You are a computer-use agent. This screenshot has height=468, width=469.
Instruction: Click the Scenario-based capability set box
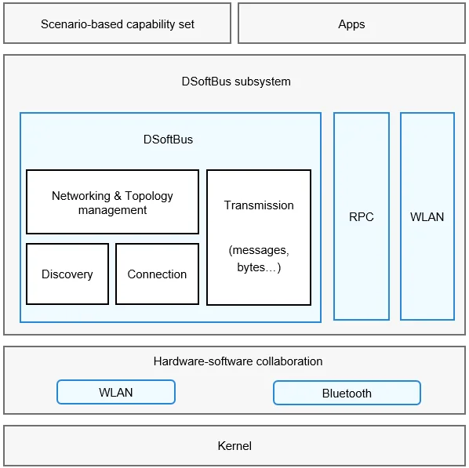118,24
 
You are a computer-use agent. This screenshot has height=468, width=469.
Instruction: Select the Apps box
351,24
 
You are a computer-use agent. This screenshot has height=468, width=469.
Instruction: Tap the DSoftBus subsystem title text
236,82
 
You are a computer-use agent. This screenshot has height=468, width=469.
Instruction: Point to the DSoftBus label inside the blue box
168,140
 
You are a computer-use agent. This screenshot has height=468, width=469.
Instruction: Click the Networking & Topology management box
112,201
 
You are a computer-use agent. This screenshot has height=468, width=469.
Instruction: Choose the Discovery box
67,274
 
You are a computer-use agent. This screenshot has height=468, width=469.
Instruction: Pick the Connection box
157,274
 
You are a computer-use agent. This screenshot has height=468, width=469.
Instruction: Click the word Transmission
259,205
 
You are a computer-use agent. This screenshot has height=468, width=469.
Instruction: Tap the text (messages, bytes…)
259,259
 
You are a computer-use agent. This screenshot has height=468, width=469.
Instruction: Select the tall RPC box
362,216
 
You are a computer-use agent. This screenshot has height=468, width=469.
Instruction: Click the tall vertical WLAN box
427,216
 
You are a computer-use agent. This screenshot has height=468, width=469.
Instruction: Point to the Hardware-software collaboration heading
238,361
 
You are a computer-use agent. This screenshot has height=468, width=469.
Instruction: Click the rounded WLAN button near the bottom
116,392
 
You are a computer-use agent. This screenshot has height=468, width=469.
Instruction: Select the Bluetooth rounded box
347,393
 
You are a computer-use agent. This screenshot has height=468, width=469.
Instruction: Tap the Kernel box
234,445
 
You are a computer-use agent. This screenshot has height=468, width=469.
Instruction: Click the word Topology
149,196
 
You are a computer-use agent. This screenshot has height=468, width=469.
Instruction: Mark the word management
112,210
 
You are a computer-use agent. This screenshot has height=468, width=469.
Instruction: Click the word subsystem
262,82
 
